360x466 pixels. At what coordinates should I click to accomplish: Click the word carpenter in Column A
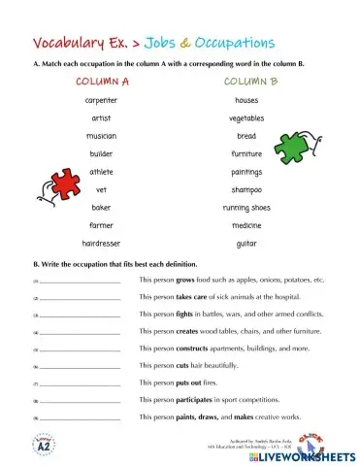point(101,100)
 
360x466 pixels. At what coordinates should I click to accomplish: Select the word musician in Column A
point(101,136)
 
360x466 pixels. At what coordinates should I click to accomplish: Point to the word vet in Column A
point(101,189)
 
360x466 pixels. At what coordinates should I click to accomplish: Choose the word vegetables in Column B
point(245,118)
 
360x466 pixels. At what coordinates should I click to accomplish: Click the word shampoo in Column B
point(245,189)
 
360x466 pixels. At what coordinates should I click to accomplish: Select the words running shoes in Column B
point(245,208)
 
